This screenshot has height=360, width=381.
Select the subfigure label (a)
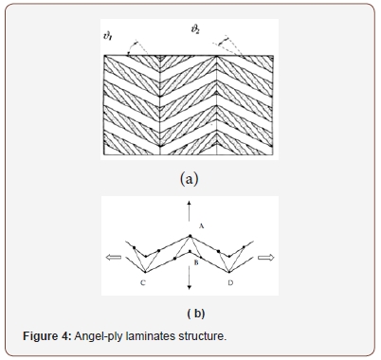point(190,177)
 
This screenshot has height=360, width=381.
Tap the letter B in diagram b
point(195,261)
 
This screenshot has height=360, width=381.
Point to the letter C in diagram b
point(141,281)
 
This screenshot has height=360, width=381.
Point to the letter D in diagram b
point(229,281)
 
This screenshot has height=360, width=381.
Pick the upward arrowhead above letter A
point(190,204)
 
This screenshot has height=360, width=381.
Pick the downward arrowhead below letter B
point(190,285)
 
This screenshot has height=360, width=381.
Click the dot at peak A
point(190,236)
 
